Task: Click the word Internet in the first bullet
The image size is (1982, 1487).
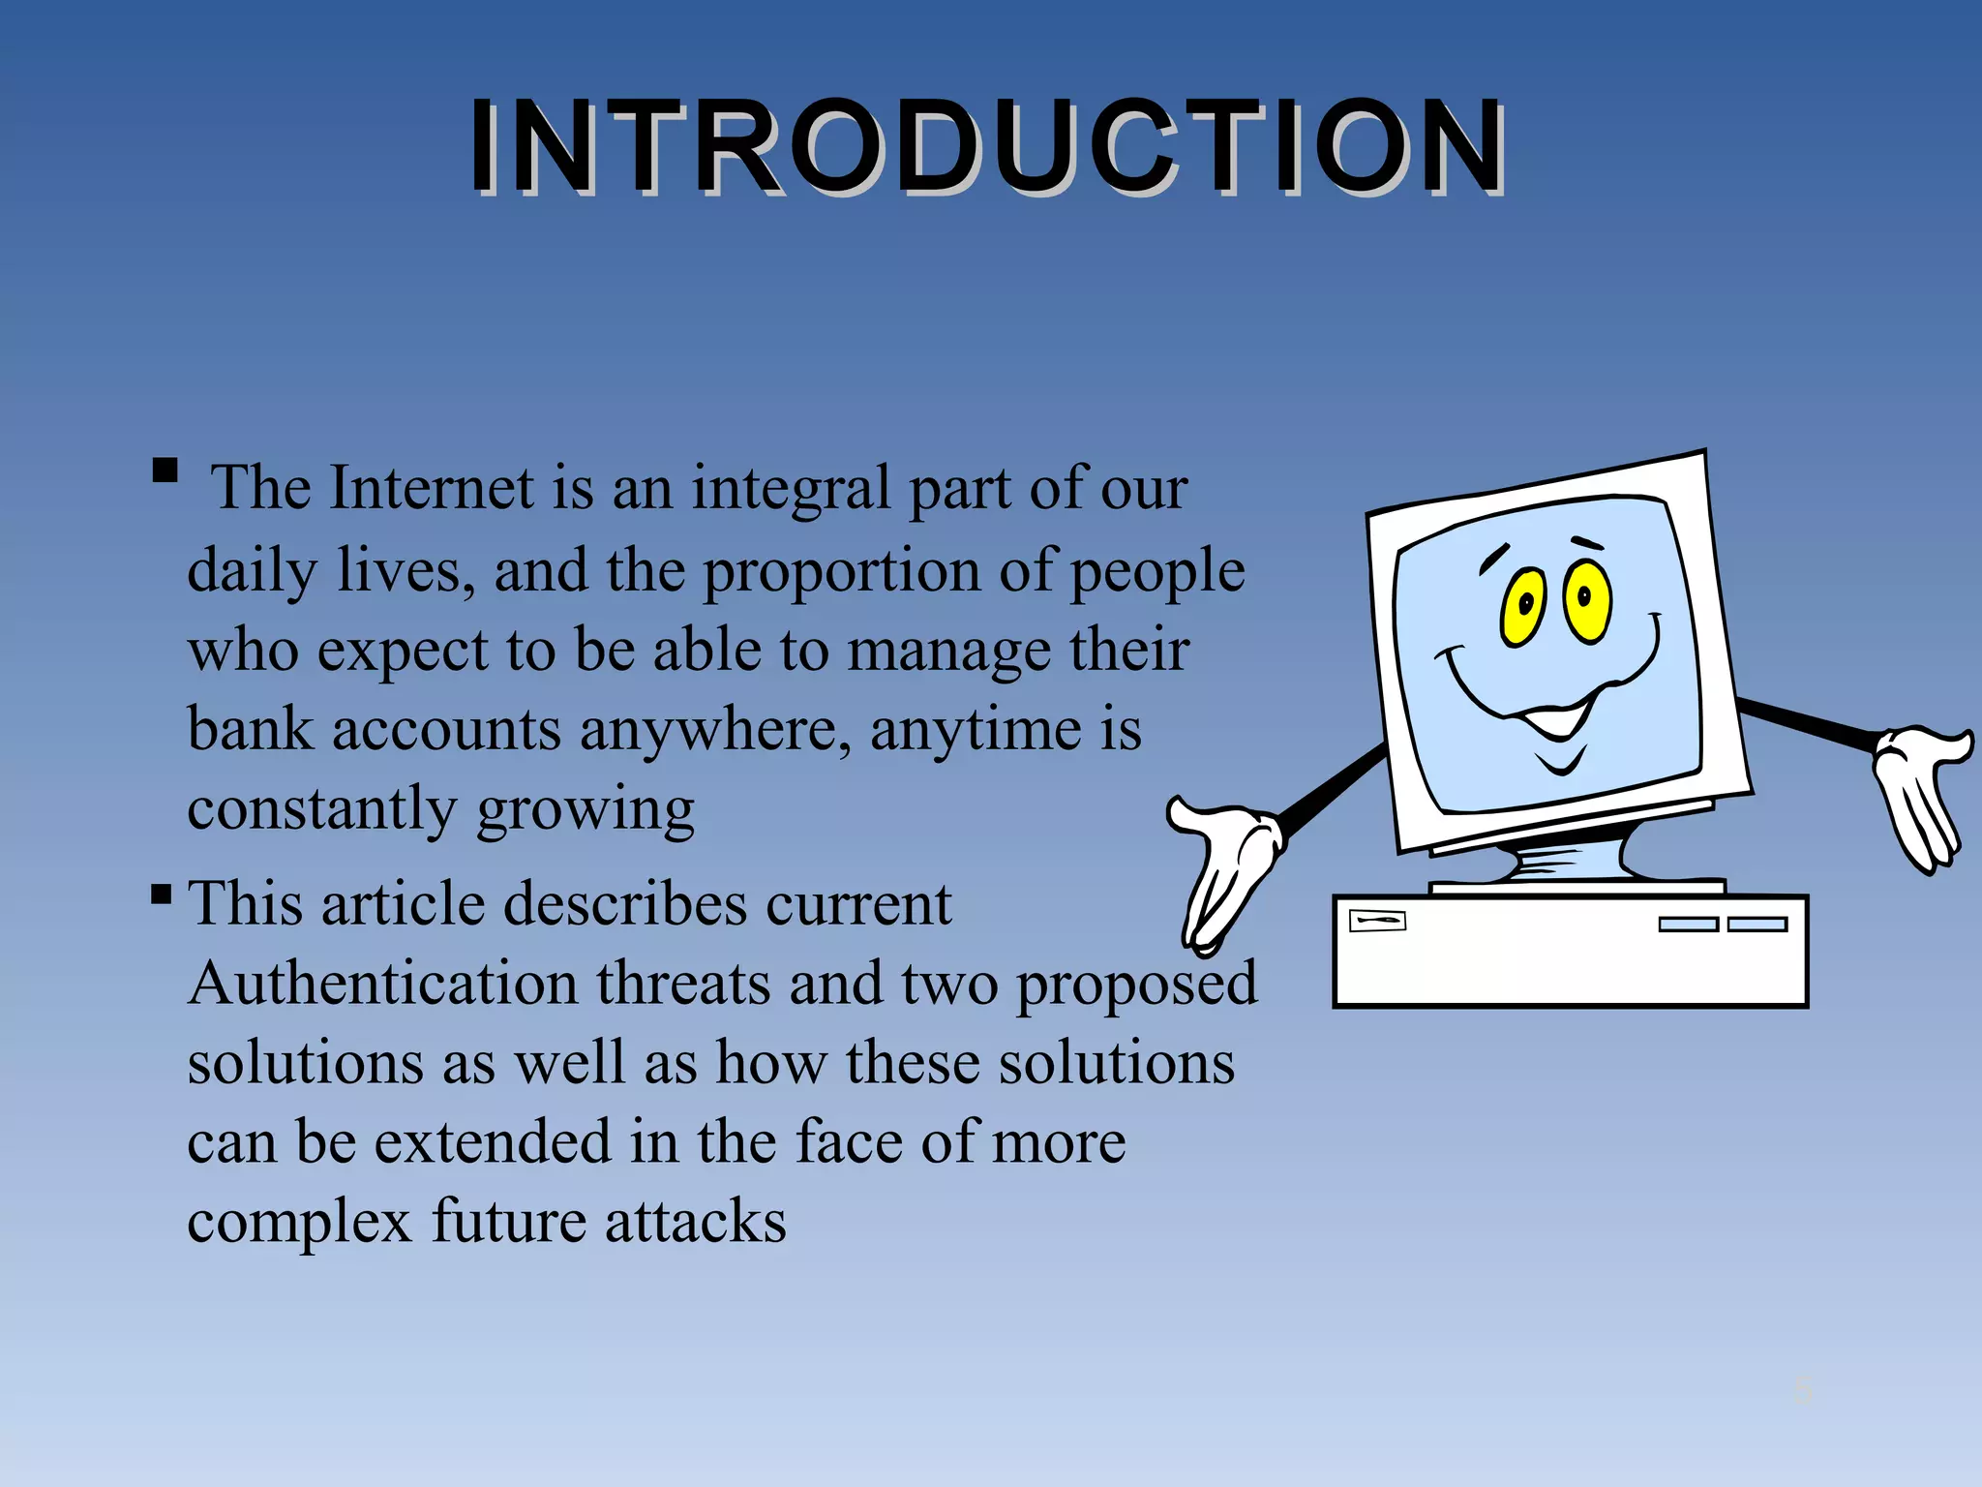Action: pyautogui.click(x=431, y=487)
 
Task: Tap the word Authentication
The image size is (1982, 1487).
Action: pyautogui.click(x=383, y=984)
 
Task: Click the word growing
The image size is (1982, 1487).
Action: pyautogui.click(x=586, y=809)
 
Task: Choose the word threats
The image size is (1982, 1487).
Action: pyautogui.click(x=683, y=984)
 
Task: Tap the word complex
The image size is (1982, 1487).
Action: pyautogui.click(x=299, y=1222)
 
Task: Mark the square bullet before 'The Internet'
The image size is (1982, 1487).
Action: pyautogui.click(x=165, y=471)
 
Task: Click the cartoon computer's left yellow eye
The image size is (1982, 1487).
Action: pyautogui.click(x=1524, y=607)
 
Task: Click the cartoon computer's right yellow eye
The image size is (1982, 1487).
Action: pyautogui.click(x=1587, y=600)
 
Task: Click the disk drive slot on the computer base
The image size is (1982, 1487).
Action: pyautogui.click(x=1376, y=920)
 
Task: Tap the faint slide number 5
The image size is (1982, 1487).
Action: pyautogui.click(x=1802, y=1390)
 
